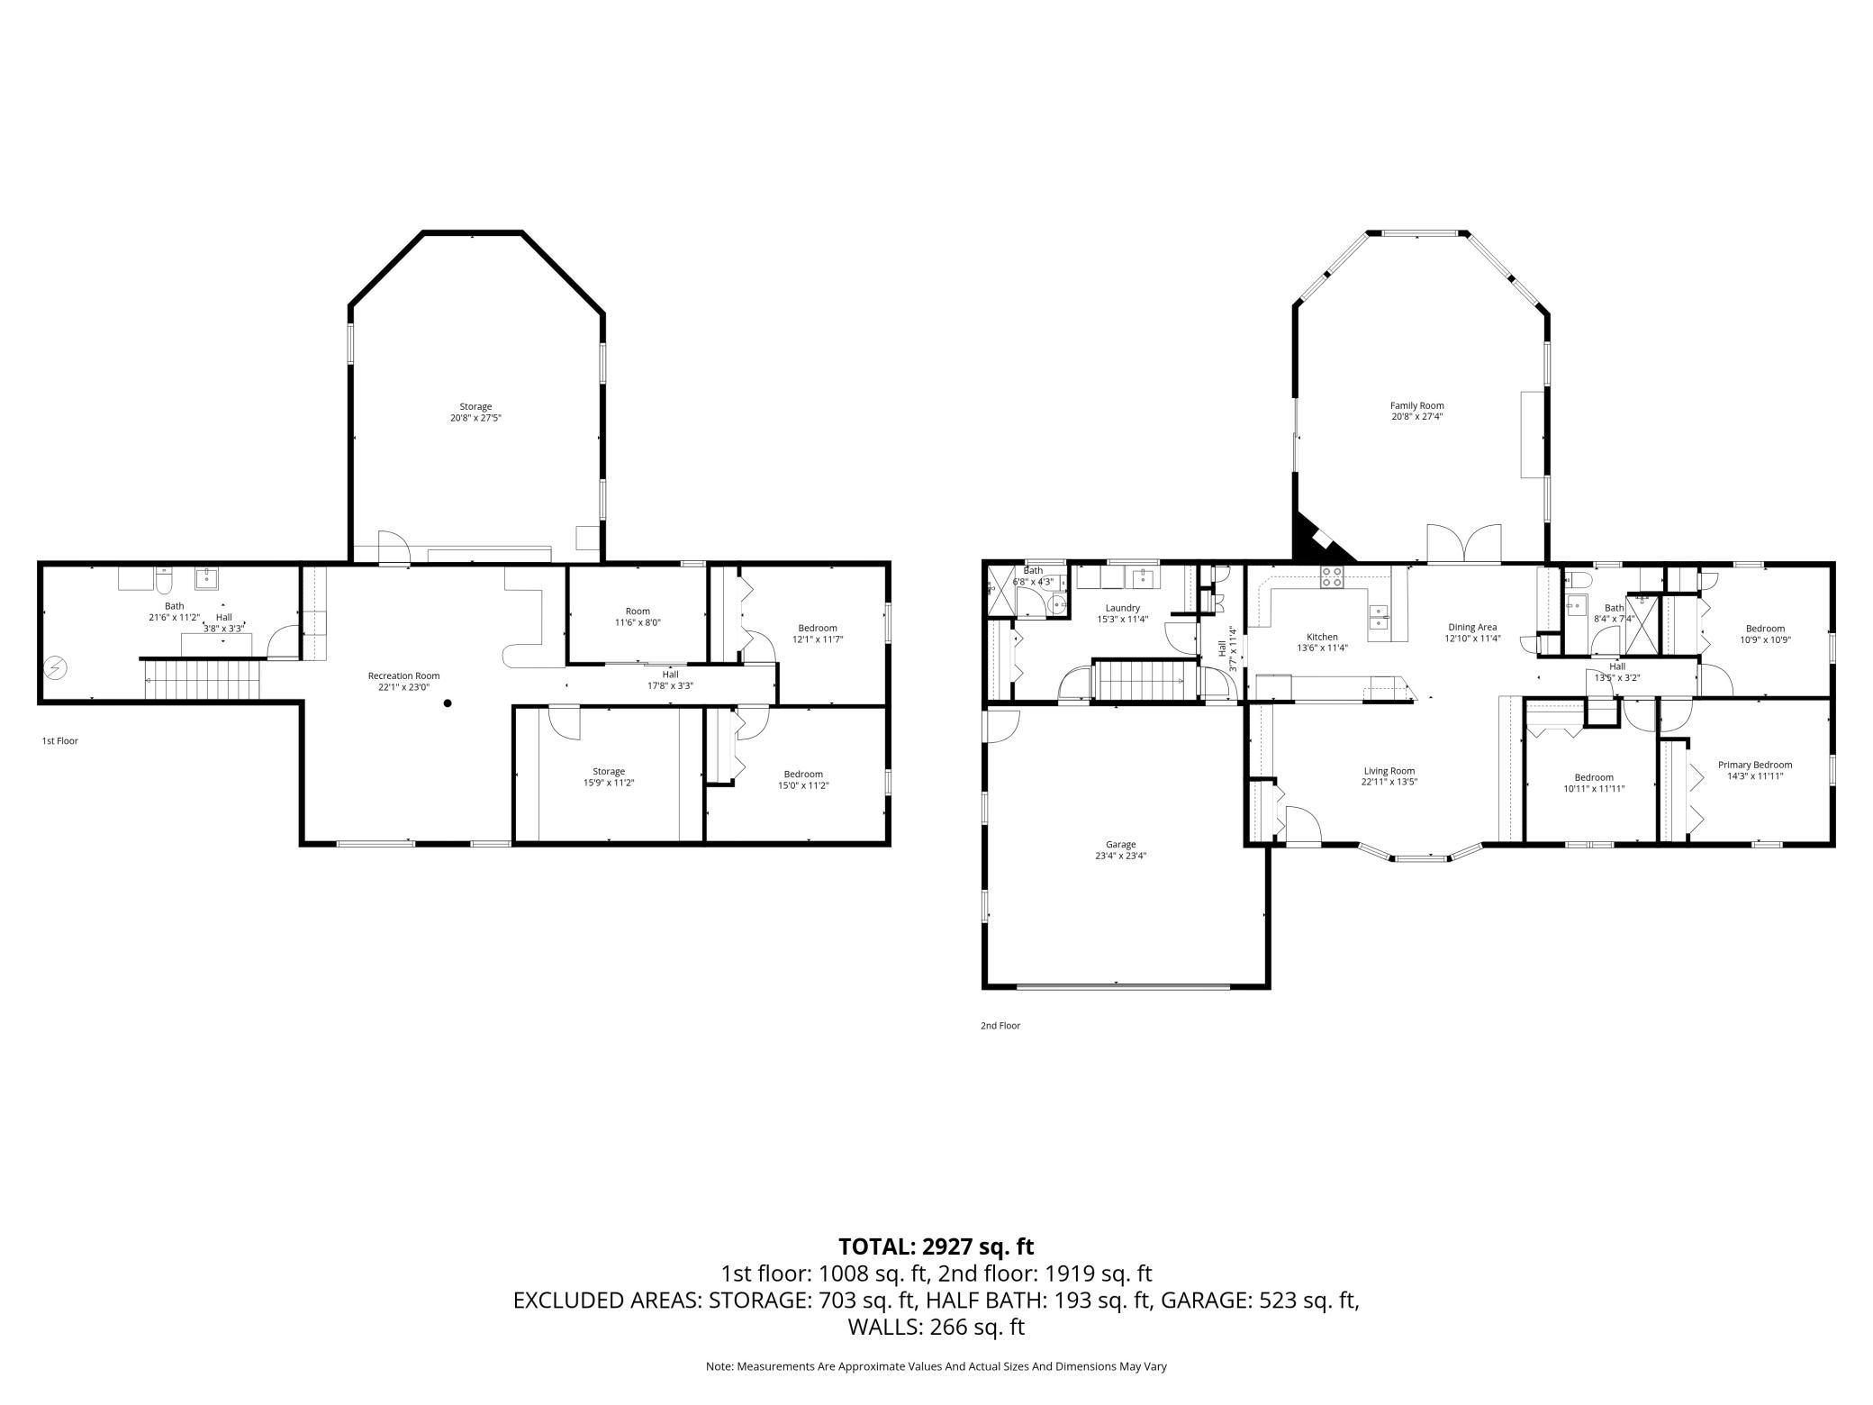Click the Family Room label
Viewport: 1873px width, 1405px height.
[1416, 405]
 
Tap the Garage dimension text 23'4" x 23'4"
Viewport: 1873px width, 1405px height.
[1121, 856]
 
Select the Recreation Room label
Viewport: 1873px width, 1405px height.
[403, 675]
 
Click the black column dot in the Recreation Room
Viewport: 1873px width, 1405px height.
[448, 703]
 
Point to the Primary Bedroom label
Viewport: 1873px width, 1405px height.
[1755, 765]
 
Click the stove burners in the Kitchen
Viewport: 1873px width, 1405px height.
[1333, 577]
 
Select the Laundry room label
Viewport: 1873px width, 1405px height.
[1123, 608]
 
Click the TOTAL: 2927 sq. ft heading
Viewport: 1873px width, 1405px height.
[936, 1246]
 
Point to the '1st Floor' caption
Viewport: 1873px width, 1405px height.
[60, 741]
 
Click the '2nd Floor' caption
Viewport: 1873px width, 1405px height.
[1000, 1026]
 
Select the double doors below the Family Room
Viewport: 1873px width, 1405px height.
[1465, 545]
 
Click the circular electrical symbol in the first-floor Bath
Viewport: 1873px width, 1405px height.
[56, 667]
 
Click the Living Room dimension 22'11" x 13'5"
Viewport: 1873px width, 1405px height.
[1389, 782]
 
